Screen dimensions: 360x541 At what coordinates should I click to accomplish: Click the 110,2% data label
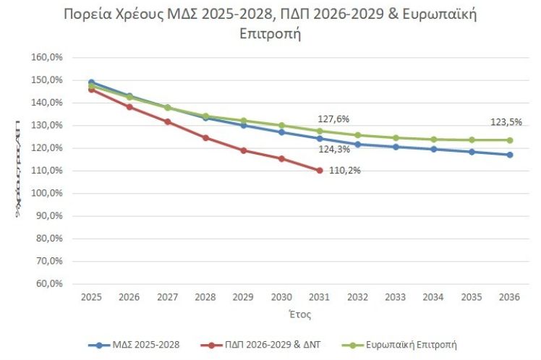(346, 171)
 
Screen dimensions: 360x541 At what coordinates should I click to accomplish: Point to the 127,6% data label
(333, 119)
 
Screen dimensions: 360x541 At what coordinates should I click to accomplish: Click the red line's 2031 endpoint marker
(320, 171)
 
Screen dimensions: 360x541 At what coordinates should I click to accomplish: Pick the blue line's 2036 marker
(510, 155)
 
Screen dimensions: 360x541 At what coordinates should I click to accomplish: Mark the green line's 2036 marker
(510, 140)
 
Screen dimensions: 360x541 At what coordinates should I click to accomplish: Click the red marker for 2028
(205, 137)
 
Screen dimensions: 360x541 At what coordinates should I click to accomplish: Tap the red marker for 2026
(129, 107)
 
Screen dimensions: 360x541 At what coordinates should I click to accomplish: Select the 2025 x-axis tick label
(91, 297)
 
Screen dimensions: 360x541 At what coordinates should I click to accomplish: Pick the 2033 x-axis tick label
(396, 297)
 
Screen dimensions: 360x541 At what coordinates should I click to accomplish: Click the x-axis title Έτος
(300, 315)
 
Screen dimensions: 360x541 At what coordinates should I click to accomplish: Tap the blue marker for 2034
(434, 150)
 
